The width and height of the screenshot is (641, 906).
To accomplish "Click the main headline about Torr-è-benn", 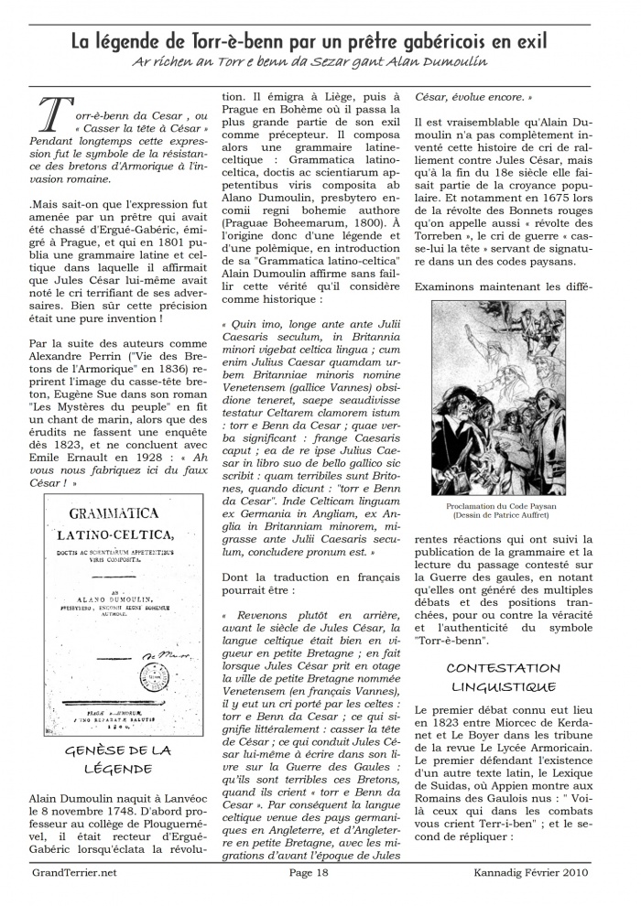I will click(x=310, y=41).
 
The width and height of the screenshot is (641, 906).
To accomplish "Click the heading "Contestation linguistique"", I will click(x=503, y=677).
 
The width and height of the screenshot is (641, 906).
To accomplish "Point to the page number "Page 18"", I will click(x=309, y=872).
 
